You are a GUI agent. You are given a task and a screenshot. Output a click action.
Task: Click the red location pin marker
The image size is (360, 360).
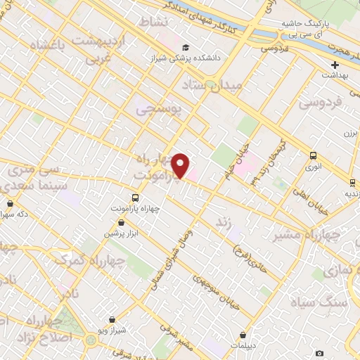[x=181, y=165]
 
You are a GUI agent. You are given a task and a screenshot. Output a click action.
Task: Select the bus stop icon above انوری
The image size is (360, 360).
[x=313, y=156]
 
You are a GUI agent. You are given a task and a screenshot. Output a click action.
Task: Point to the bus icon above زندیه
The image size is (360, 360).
[x=352, y=183]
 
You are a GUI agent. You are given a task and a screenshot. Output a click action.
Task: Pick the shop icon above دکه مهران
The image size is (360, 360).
[x=10, y=204]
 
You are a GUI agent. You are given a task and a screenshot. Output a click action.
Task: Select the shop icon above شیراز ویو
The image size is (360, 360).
[x=112, y=320]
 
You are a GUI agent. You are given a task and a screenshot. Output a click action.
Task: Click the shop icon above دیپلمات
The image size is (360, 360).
[x=243, y=335]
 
